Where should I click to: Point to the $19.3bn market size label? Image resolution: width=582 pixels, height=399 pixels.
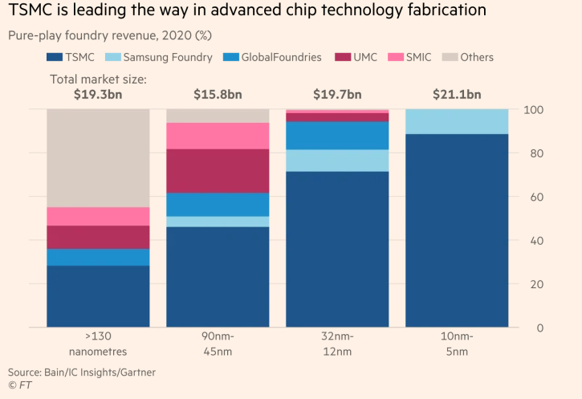(x=98, y=95)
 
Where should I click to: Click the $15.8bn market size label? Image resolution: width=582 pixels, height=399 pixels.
(x=218, y=95)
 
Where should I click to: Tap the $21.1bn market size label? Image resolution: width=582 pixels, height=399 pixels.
(x=457, y=95)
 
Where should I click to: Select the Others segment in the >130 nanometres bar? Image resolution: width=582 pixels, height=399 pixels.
(x=98, y=157)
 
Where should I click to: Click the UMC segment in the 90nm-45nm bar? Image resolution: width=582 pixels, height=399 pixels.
(x=218, y=170)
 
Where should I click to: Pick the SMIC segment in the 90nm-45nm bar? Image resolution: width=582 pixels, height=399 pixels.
(x=218, y=136)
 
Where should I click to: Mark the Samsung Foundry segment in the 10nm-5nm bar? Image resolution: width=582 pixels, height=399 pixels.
(x=457, y=120)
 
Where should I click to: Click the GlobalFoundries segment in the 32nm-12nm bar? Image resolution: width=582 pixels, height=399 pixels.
(x=337, y=135)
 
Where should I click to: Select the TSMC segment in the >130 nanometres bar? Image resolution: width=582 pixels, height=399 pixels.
(x=98, y=296)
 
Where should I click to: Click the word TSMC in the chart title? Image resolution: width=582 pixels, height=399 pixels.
(x=34, y=10)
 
